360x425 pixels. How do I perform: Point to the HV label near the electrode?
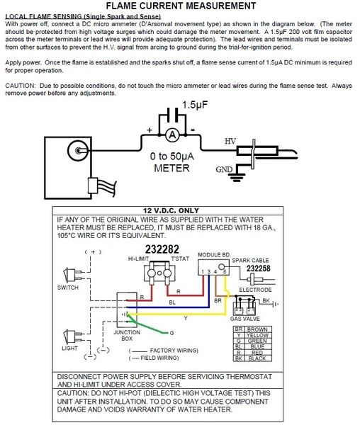click(x=230, y=141)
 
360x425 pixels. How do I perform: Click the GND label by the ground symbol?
click(x=225, y=170)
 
